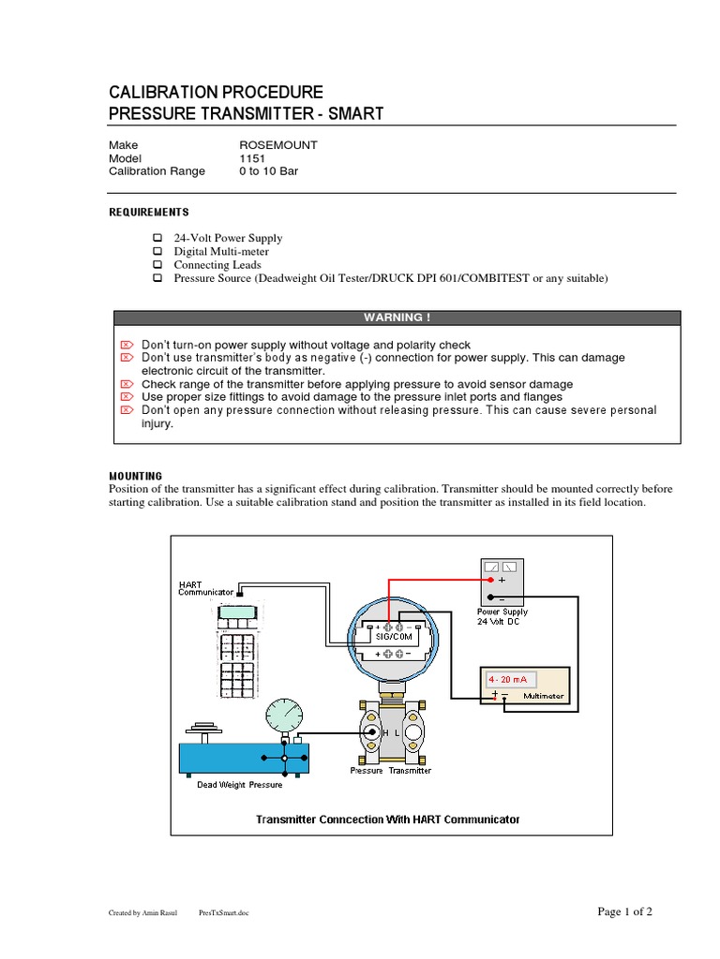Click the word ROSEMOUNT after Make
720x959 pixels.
278,145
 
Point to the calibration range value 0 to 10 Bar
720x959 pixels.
269,171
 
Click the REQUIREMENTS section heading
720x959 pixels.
149,213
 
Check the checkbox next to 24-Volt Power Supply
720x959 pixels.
157,239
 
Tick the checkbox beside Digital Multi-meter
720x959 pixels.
157,252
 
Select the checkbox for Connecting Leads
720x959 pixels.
157,265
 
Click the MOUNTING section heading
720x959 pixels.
136,476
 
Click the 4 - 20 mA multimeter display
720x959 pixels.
507,680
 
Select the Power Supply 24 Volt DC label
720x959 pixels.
502,616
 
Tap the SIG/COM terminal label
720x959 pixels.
393,635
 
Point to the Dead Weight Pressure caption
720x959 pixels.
239,785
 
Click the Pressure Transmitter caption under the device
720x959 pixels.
391,771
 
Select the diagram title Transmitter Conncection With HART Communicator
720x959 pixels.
388,819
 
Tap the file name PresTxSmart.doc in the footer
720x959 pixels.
225,912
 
